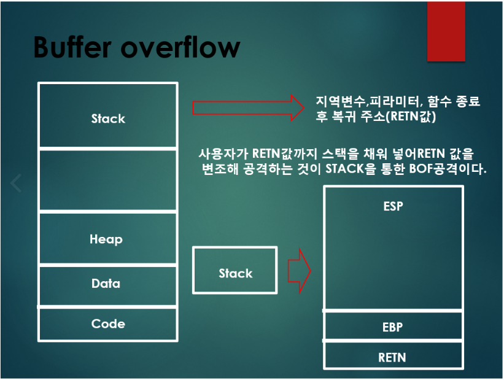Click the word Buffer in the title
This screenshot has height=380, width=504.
(72, 47)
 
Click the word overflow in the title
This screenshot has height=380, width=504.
(180, 47)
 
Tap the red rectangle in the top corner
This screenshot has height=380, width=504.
(446, 31)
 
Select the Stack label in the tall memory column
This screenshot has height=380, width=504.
(108, 118)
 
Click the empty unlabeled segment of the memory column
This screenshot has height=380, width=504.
(108, 180)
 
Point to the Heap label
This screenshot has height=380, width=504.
(106, 239)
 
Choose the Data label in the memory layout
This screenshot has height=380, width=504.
(106, 284)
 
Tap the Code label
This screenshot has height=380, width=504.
(108, 324)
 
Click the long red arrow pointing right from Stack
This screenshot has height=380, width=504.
(248, 107)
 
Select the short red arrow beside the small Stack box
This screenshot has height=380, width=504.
(299, 271)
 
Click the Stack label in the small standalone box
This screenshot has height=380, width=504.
(236, 273)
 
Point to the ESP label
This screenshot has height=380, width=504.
(393, 206)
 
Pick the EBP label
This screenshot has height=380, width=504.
(392, 327)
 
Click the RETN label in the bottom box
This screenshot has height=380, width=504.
(392, 357)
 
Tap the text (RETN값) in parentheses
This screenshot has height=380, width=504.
(411, 117)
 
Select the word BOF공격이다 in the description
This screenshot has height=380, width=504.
(448, 169)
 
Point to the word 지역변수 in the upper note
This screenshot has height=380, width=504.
(340, 101)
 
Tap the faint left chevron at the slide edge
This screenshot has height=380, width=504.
(16, 183)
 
